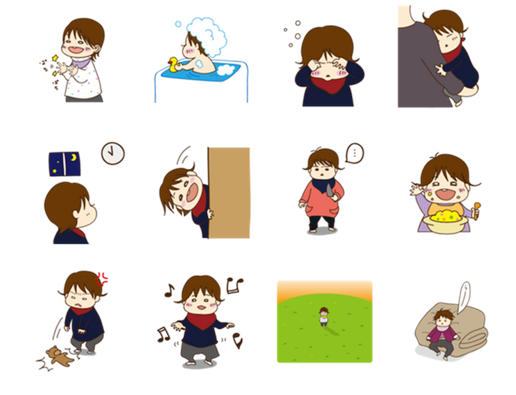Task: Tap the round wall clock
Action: point(112,153)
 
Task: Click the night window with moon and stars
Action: point(64,163)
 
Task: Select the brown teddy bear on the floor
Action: point(58,354)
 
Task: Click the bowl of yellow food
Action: point(445,218)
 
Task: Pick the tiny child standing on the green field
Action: point(323,316)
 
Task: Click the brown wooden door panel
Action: point(228,193)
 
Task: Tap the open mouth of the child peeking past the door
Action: point(184,194)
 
